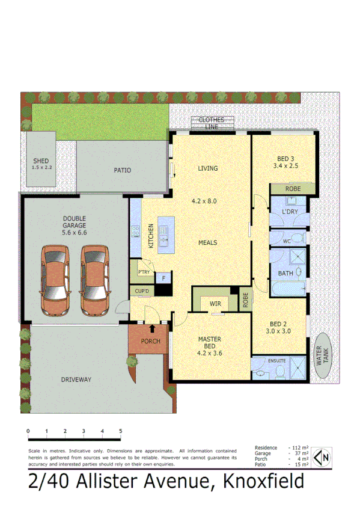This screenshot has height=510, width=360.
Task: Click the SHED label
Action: [x=41, y=161]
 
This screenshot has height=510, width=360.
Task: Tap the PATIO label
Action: [x=122, y=170]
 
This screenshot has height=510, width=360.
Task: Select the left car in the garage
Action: [x=55, y=274]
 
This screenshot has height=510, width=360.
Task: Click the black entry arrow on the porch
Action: [x=151, y=328]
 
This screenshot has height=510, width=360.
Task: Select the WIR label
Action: [x=215, y=304]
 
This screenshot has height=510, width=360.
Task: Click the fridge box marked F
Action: [x=162, y=278]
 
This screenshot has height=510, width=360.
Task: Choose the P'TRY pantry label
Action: [x=144, y=272]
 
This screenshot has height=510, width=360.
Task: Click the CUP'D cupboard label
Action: [x=142, y=292]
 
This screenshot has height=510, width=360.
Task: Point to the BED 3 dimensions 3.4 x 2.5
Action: [x=285, y=165]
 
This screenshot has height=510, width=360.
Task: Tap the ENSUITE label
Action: [x=277, y=361]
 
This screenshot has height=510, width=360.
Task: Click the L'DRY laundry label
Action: [x=290, y=212]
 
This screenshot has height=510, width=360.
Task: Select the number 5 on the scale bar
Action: [x=121, y=431]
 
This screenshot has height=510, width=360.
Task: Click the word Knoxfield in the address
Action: [x=263, y=482]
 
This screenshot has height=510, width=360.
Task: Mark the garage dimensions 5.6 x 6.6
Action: [x=75, y=232]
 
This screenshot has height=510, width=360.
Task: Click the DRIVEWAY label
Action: [x=76, y=379]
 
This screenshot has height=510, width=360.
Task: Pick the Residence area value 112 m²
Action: [x=299, y=448]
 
